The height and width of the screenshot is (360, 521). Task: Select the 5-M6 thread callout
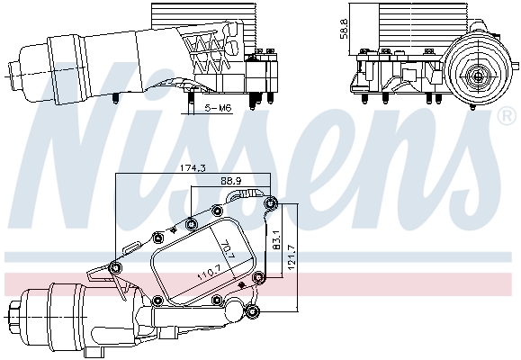[217, 108]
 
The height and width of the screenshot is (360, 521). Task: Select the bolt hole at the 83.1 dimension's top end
[270, 203]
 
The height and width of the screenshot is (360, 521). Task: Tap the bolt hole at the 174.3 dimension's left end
[115, 265]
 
